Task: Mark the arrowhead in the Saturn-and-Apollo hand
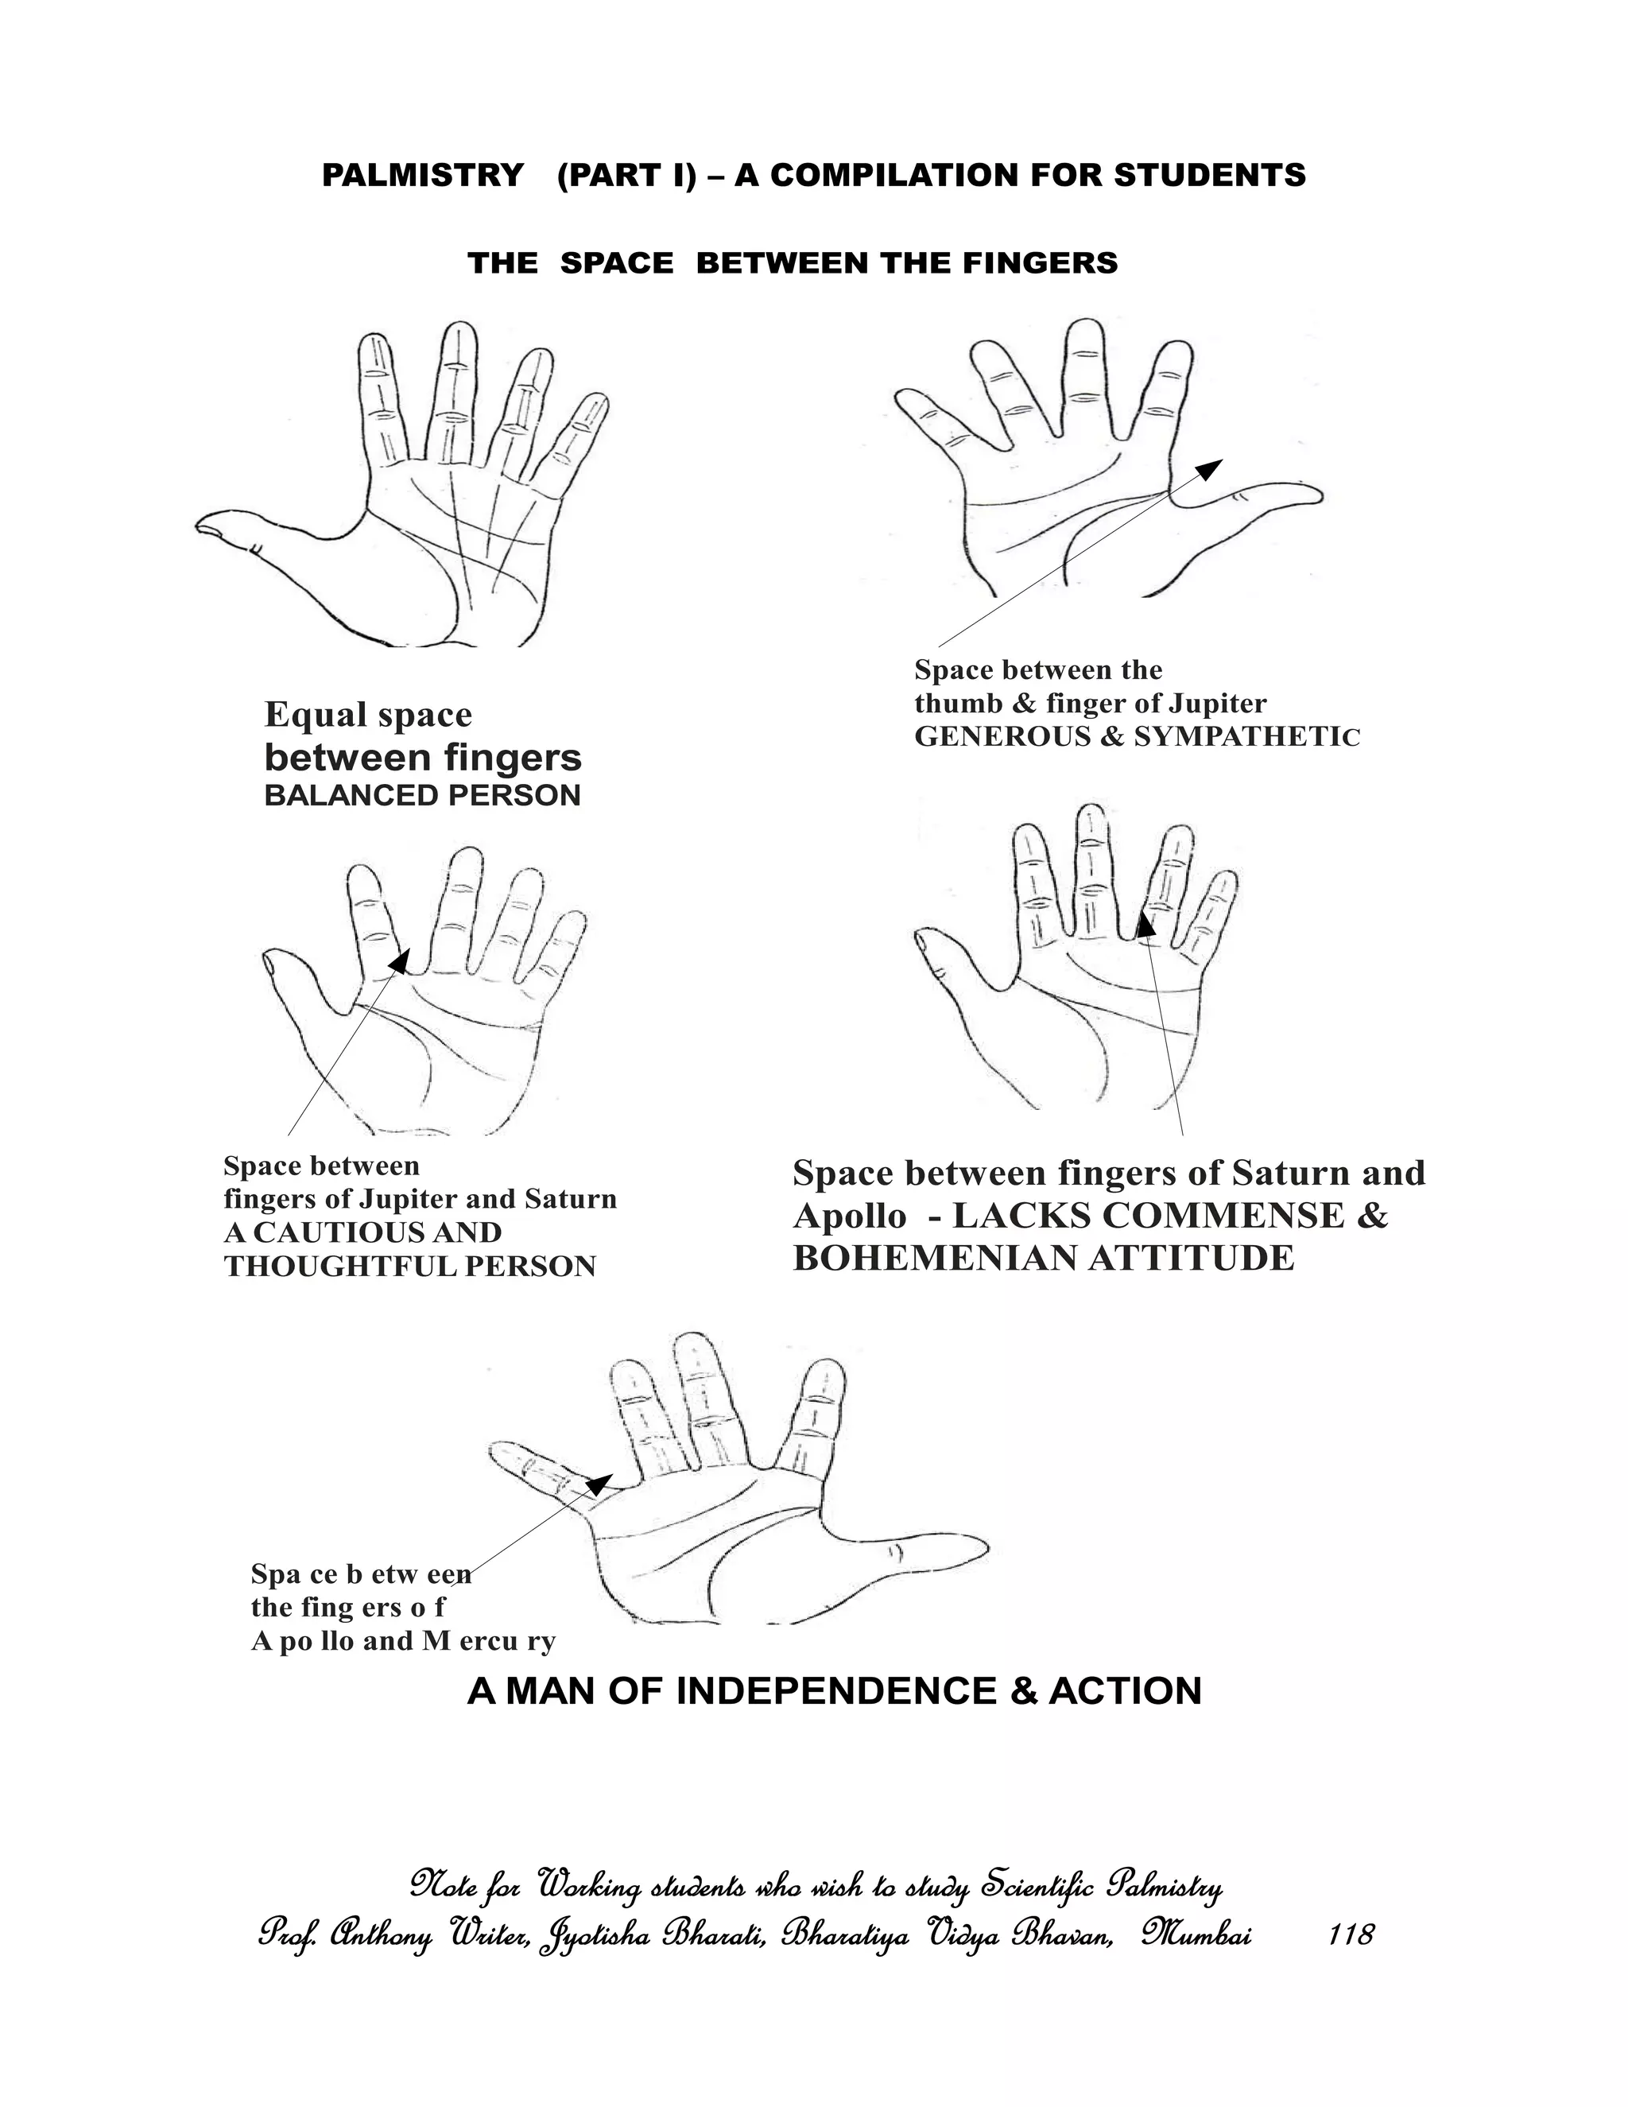coord(1144,924)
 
